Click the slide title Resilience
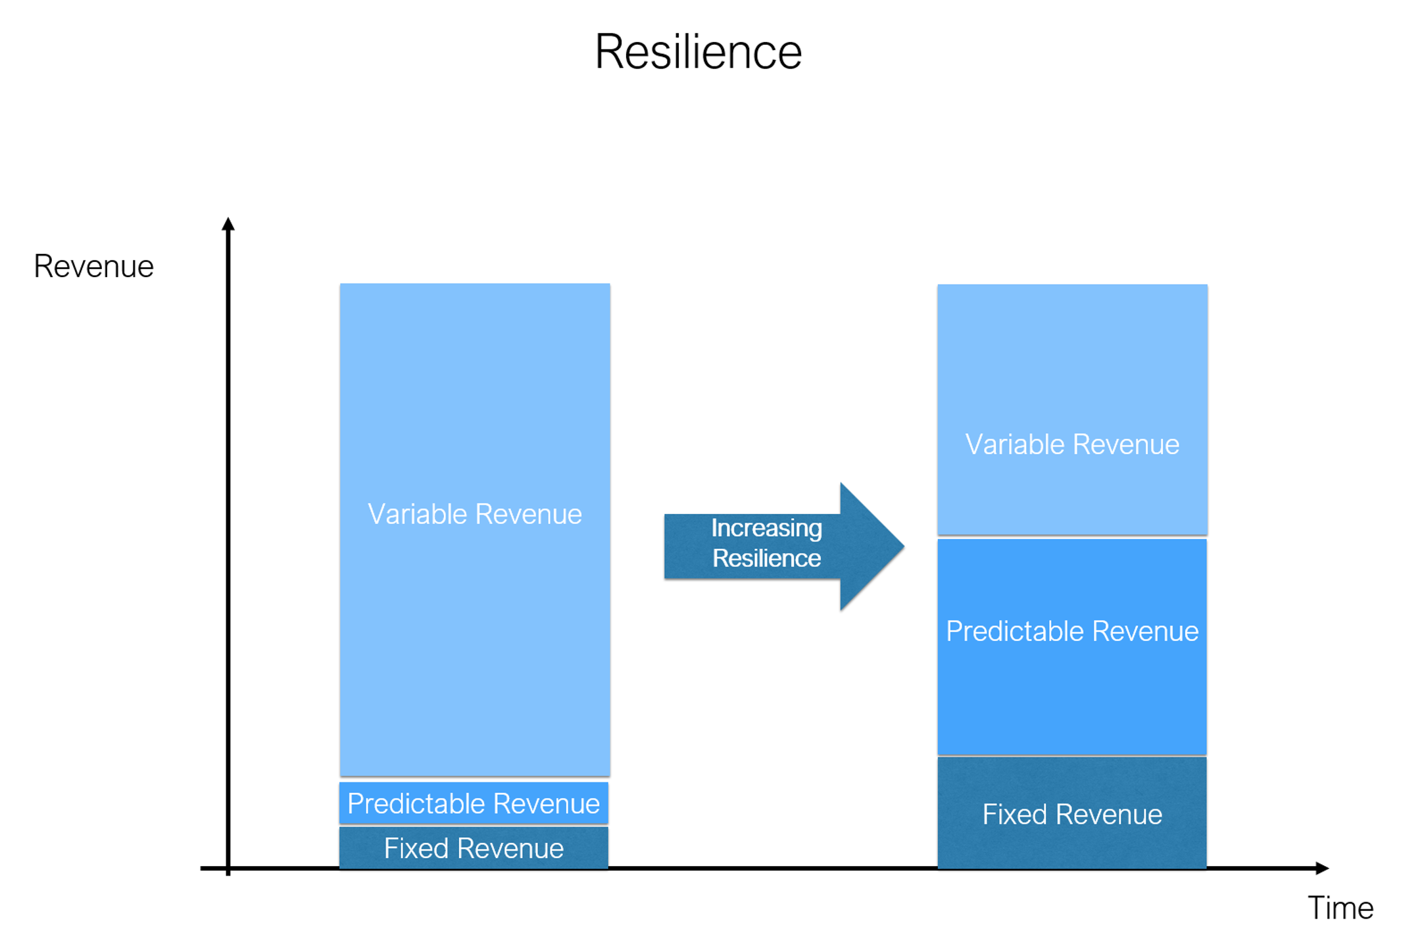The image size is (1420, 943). (698, 51)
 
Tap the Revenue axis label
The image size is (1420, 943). (93, 267)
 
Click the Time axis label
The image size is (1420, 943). (1340, 908)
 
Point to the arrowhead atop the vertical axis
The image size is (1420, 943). (228, 224)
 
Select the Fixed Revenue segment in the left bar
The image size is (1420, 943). (474, 848)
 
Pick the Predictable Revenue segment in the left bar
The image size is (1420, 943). (474, 803)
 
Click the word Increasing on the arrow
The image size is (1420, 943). (766, 528)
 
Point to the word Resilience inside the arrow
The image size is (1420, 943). (766, 559)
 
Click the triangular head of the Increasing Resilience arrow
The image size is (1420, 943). (868, 546)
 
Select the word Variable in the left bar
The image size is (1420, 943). (416, 514)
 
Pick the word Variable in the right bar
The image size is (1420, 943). (1014, 444)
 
